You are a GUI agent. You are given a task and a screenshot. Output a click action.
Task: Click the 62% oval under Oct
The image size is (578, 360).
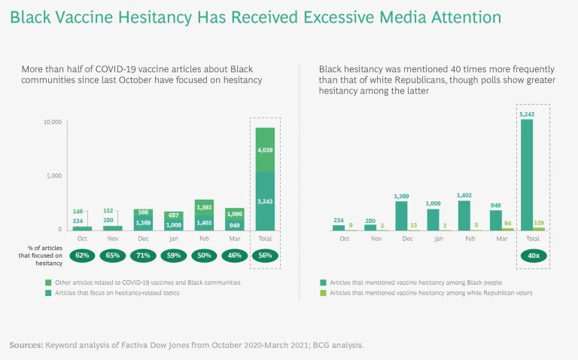[x=81, y=255]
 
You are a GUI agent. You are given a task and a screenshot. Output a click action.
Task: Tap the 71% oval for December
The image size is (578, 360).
[x=144, y=255]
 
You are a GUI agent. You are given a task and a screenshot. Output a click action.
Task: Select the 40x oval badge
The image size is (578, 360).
[x=533, y=255]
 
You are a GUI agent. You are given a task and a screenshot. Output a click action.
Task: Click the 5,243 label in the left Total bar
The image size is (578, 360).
[x=265, y=202]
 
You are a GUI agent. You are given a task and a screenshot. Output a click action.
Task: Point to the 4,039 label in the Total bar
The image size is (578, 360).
[x=265, y=150]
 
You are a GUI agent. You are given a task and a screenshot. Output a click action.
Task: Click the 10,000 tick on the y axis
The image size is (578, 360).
[x=51, y=121]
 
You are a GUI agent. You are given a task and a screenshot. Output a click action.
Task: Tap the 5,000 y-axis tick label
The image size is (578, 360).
[x=53, y=175]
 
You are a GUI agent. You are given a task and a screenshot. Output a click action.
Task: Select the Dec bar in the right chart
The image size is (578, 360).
[x=401, y=215]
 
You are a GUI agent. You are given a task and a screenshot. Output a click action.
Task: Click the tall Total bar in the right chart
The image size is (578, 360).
[x=527, y=175]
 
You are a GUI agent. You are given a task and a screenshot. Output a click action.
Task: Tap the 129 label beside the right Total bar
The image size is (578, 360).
[x=539, y=223]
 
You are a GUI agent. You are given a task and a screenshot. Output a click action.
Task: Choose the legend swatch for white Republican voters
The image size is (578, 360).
[x=323, y=292]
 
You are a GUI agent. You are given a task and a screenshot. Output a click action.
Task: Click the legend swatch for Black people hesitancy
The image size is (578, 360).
[x=323, y=282]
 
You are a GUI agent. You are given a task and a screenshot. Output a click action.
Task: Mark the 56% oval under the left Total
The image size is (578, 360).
[x=265, y=255]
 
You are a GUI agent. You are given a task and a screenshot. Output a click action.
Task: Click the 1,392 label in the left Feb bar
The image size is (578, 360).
[x=203, y=207]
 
